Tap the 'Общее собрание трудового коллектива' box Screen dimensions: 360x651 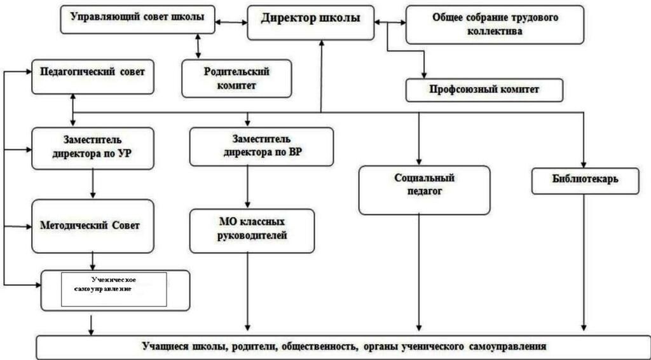click(495, 25)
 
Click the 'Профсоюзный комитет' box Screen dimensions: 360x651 click(484, 90)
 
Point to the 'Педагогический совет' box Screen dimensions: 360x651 click(92, 72)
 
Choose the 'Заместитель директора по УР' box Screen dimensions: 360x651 click(93, 148)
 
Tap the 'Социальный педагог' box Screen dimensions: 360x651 click(424, 190)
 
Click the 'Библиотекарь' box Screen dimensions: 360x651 click(585, 181)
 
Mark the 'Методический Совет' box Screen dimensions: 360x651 click(93, 226)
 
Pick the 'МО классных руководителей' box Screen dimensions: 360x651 click(252, 231)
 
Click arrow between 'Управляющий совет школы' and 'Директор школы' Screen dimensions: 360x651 click(231, 22)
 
